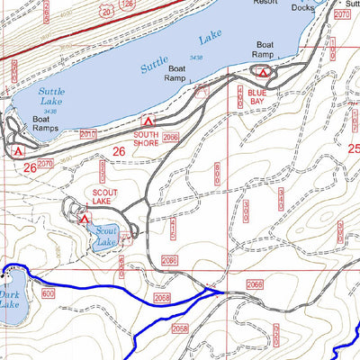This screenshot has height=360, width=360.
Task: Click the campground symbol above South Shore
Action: [x=148, y=120]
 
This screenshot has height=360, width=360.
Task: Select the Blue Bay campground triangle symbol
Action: [x=263, y=72]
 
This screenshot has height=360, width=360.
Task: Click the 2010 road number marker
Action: [x=87, y=134]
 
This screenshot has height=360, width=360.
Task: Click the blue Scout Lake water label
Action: [x=106, y=236]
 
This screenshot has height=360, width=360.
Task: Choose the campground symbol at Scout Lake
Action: [x=84, y=218]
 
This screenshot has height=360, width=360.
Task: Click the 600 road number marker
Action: [x=48, y=293]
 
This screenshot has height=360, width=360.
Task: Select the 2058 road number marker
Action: [x=162, y=297]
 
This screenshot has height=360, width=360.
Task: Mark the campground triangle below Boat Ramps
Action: [x=17, y=150]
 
